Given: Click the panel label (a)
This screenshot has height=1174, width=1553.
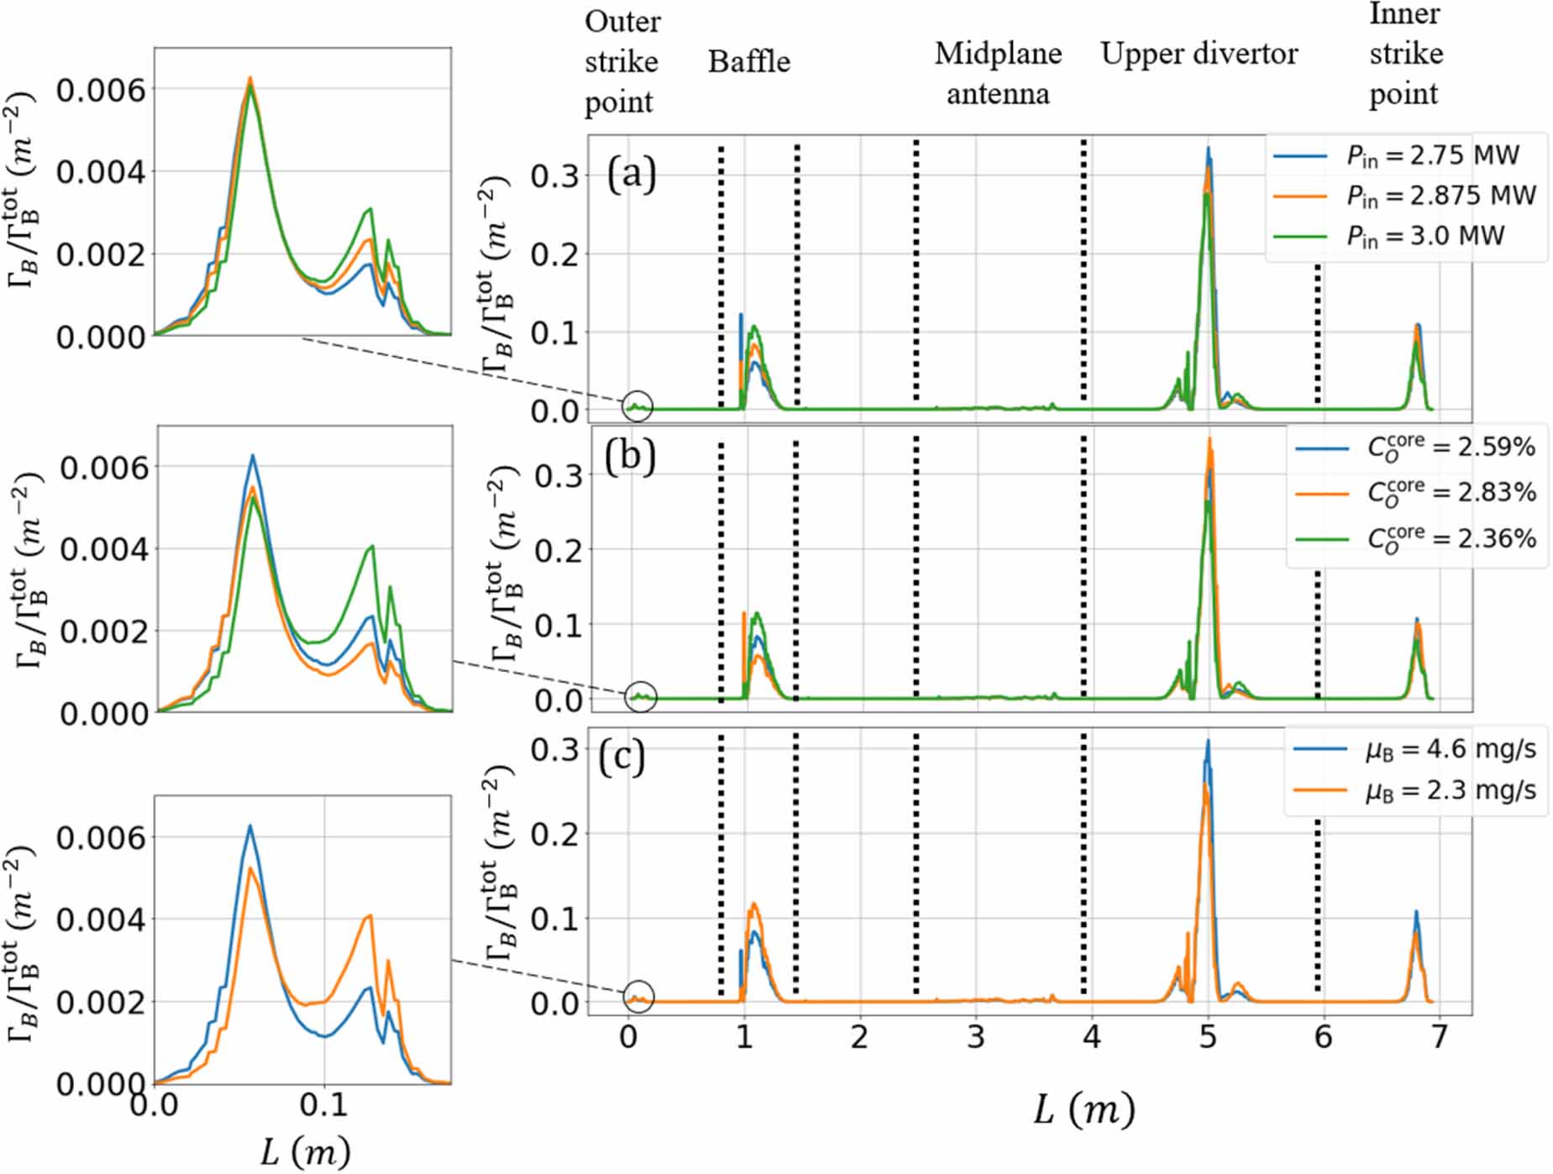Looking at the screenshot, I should click(x=631, y=175).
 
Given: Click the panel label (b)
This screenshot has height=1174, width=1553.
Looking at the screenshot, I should click(x=631, y=456).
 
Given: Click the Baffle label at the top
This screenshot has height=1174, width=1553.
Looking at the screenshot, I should click(x=748, y=61).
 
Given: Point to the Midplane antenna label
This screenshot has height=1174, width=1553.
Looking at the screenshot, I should click(x=998, y=73).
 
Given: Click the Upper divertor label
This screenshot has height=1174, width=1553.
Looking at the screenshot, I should click(x=1199, y=54).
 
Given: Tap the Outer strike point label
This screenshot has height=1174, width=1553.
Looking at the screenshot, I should click(x=622, y=61).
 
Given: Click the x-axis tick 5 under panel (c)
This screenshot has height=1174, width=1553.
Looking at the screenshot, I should click(x=1207, y=1038).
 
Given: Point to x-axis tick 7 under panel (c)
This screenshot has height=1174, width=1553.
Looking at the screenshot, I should click(x=1439, y=1038).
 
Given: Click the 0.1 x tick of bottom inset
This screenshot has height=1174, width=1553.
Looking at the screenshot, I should click(x=324, y=1104).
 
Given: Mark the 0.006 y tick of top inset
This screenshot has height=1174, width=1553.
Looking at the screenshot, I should click(x=101, y=90).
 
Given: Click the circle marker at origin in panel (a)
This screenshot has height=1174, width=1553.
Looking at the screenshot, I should click(x=637, y=406).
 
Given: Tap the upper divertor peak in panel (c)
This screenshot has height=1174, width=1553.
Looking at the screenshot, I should click(x=1207, y=742).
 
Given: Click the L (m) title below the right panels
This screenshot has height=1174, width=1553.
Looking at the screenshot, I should click(x=1083, y=1110).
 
